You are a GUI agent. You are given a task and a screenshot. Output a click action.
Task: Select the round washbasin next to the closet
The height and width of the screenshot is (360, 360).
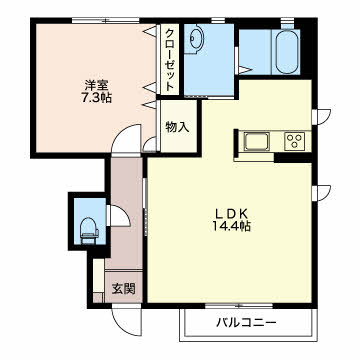(x=194, y=40)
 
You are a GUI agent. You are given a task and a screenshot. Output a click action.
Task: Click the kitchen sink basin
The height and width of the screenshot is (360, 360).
(x=256, y=139)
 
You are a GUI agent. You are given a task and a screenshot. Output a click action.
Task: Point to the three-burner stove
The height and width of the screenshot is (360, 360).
(x=295, y=139)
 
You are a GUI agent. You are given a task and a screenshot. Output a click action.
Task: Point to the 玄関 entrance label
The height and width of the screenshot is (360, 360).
(x=123, y=288)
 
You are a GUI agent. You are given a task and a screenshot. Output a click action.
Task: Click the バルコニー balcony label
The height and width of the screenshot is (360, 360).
(x=246, y=323)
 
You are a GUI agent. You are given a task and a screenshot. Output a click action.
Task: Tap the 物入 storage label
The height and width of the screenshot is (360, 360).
(x=176, y=127)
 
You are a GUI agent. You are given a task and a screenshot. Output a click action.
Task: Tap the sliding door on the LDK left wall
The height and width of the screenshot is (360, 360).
(x=147, y=230)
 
